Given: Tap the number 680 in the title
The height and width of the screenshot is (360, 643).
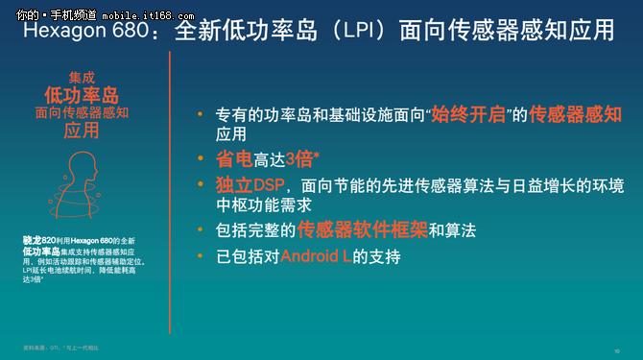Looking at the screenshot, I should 138,31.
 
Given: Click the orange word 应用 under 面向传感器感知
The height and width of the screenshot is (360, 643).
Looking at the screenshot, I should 82,132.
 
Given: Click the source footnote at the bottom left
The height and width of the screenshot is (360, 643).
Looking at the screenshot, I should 61,347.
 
